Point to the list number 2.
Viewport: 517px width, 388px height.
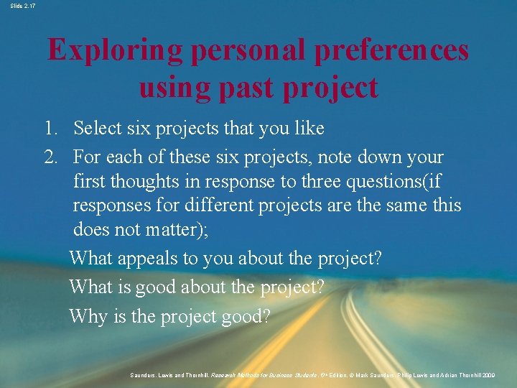click(x=51, y=157)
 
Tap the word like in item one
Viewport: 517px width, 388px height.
click(x=307, y=129)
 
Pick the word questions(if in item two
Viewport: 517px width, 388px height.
click(x=402, y=182)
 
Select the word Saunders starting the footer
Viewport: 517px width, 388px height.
click(x=146, y=375)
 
